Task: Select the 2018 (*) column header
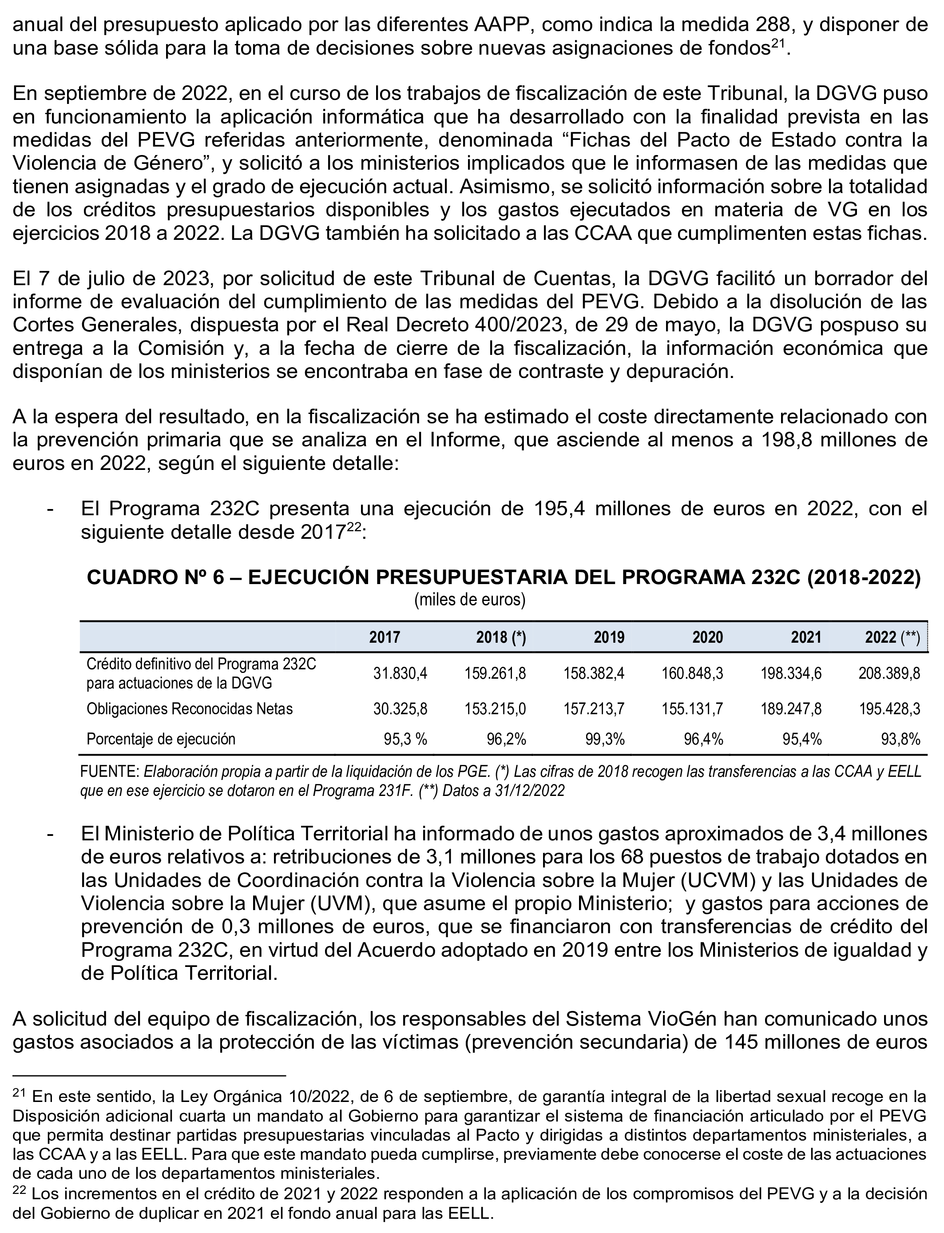coord(501,637)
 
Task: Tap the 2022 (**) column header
coord(892,637)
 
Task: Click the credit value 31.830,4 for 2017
coord(400,673)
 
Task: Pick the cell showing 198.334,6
coord(794,673)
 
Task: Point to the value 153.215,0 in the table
coord(495,709)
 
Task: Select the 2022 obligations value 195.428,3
coord(889,709)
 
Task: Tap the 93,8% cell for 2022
coord(901,739)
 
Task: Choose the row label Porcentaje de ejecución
coord(161,739)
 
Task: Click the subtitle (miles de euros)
coord(470,600)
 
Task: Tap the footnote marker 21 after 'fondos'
coord(777,44)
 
